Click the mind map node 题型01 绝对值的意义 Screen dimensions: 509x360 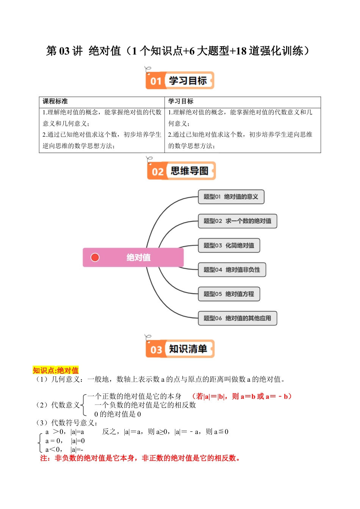pyautogui.click(x=231, y=197)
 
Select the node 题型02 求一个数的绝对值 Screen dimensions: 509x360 pyautogui.click(x=237, y=221)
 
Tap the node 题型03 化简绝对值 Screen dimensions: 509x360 pyautogui.click(x=229, y=245)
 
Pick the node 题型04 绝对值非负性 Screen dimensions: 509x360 pyautogui.click(x=232, y=270)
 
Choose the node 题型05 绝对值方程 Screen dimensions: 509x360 pyautogui.click(x=229, y=294)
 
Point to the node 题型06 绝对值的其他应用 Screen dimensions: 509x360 pyautogui.click(x=237, y=318)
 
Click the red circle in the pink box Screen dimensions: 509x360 pyautogui.click(x=95, y=258)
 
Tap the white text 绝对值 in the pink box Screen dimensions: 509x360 pyautogui.click(x=138, y=258)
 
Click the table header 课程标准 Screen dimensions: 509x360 pyautogui.click(x=55, y=101)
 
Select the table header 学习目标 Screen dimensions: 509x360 pyautogui.click(x=181, y=101)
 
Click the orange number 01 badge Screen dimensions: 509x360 pyautogui.click(x=156, y=81)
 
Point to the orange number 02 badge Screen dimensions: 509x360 pyautogui.click(x=157, y=172)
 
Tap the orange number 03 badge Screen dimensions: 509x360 pyautogui.click(x=156, y=350)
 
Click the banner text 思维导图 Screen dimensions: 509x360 pyautogui.click(x=189, y=171)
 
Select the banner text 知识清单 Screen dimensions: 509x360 pyautogui.click(x=188, y=349)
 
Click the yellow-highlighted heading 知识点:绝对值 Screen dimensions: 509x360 pyautogui.click(x=56, y=370)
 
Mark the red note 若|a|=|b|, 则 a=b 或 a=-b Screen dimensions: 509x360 pyautogui.click(x=242, y=397)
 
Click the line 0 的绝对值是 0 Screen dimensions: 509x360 pyautogui.click(x=117, y=414)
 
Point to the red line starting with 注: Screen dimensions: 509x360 pyautogui.click(x=140, y=458)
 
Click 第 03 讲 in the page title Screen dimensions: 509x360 pyautogui.click(x=64, y=51)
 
